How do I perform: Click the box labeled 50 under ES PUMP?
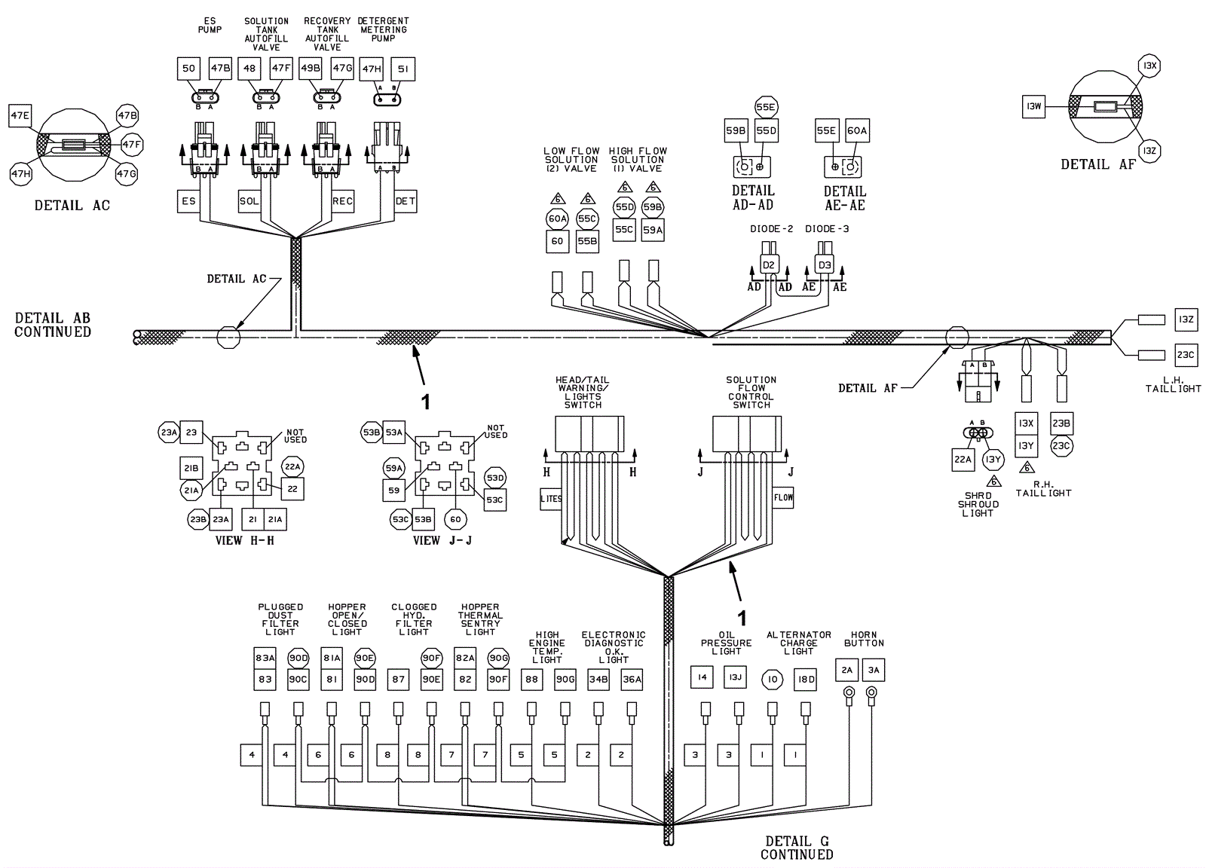(x=188, y=69)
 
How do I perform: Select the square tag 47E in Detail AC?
(x=20, y=116)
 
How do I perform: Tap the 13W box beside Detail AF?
(x=1033, y=106)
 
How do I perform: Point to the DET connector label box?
(x=406, y=201)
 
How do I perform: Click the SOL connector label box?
(x=249, y=201)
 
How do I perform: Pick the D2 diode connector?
(x=768, y=264)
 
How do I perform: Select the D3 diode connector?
(x=825, y=264)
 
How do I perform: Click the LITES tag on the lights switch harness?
(x=551, y=499)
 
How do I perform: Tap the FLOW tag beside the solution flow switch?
(x=783, y=497)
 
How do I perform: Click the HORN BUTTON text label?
(x=864, y=639)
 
